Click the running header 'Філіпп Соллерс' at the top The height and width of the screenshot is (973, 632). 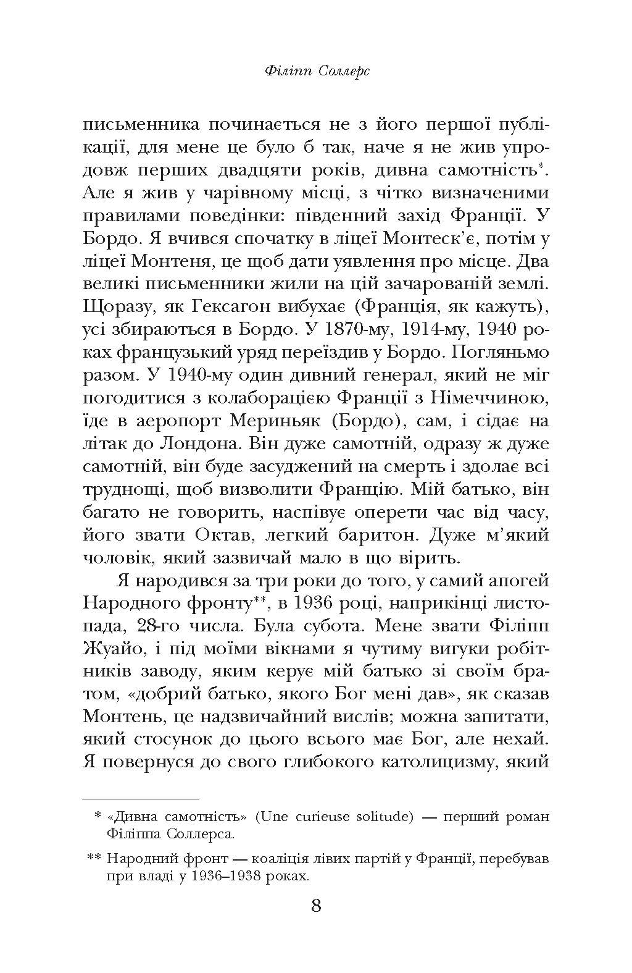tap(316, 72)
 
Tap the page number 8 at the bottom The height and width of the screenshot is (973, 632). tap(315, 906)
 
